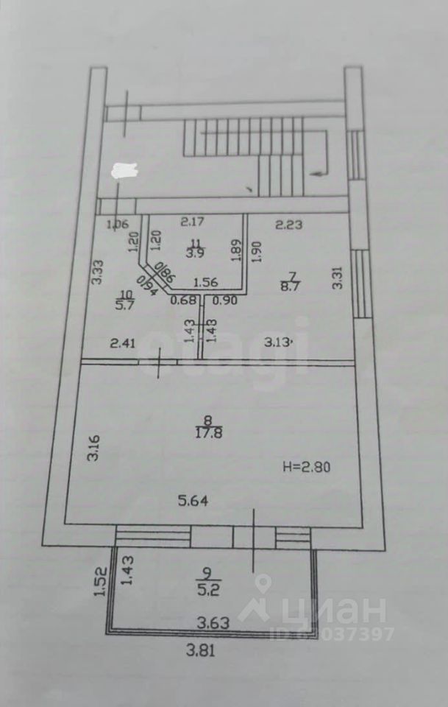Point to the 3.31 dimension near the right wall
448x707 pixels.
click(337, 278)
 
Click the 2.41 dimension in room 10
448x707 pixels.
click(123, 342)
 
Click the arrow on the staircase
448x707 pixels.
click(319, 172)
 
